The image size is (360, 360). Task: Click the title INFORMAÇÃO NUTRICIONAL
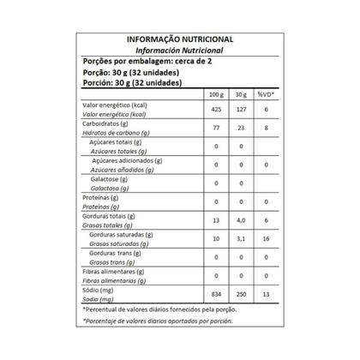coord(179,39)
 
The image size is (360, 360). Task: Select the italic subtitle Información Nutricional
coord(179,51)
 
